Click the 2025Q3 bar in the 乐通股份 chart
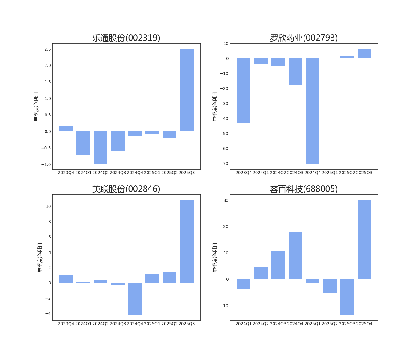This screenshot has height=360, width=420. [x=187, y=90]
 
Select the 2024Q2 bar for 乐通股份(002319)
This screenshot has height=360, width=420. [x=100, y=147]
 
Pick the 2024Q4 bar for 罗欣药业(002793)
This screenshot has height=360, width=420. [x=313, y=111]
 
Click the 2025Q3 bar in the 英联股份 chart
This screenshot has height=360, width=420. [x=187, y=241]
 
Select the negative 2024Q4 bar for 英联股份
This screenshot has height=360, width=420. [x=135, y=299]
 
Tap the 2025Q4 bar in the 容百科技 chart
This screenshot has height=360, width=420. [x=364, y=240]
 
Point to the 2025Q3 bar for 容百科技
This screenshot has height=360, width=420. [x=347, y=297]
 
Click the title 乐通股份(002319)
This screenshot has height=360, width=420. [x=126, y=38]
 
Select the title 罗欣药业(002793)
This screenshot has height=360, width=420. [x=304, y=38]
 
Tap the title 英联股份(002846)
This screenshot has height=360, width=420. [x=126, y=189]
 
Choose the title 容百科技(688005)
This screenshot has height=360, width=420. [x=304, y=189]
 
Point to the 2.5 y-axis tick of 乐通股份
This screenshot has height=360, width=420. [x=48, y=49]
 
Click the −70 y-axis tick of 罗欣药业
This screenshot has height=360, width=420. [x=224, y=163]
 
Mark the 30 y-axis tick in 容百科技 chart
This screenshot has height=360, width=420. [x=226, y=200]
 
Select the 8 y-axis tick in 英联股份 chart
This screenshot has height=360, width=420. [x=49, y=222]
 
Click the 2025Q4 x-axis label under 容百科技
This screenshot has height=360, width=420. [x=364, y=324]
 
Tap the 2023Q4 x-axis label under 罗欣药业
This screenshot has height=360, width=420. [x=243, y=172]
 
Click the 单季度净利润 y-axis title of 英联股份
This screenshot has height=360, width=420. [x=40, y=257]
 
